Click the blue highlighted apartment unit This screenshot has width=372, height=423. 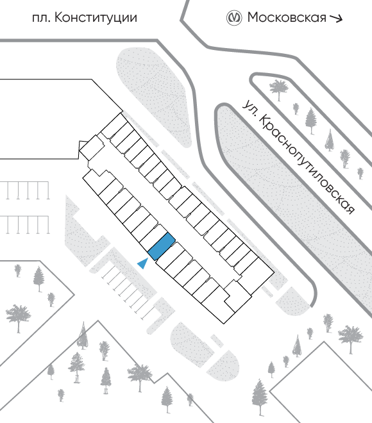coord(162,247)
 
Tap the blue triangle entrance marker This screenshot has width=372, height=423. coord(143,263)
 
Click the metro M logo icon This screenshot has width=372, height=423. coord(233,18)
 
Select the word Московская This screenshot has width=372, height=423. coord(287,17)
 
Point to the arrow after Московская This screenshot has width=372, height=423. coord(336,19)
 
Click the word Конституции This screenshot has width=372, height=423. coord(96,18)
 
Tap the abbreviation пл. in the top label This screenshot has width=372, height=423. coord(41,19)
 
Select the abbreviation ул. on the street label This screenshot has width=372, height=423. coord(249,108)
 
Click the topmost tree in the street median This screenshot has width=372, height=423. coord(279,88)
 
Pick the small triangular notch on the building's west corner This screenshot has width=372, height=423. coord(82,144)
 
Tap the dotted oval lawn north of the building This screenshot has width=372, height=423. coord(154,97)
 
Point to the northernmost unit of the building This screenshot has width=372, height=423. coord(114,126)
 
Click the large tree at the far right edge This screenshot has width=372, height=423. coord(350,338)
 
